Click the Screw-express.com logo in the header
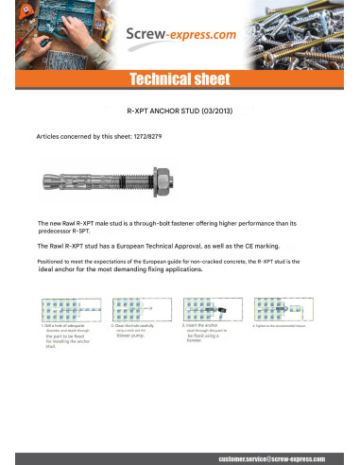click(180, 35)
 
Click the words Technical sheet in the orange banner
click(180, 80)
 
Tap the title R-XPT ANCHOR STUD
click(162, 110)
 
